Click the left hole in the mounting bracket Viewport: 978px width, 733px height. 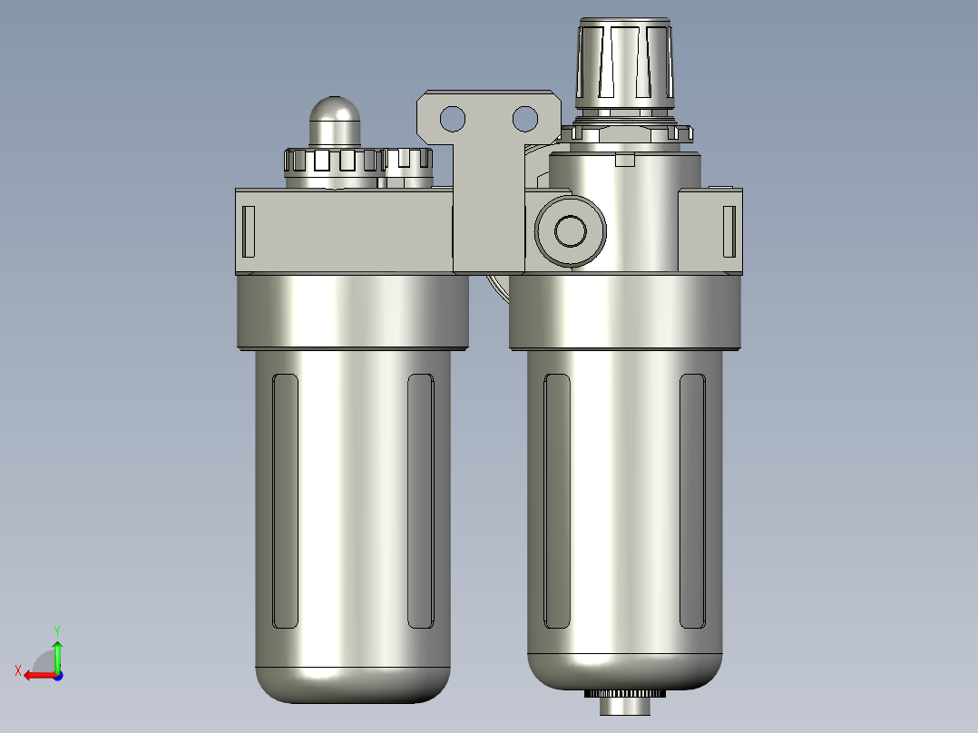tap(452, 117)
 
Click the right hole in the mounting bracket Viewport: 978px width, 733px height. tap(523, 117)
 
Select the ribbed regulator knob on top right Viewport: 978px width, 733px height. tap(625, 62)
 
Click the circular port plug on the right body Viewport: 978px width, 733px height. tap(570, 231)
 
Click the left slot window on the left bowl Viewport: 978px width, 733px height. tap(285, 501)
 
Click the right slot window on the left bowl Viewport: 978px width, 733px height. tap(421, 501)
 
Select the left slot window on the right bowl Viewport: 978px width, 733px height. tap(556, 501)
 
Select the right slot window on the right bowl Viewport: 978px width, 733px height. tap(692, 501)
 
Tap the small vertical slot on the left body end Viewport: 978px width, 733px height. tap(249, 231)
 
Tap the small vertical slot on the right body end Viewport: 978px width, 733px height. tap(728, 231)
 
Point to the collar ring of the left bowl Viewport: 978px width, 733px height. tap(352, 311)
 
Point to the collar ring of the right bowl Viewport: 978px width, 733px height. tap(625, 311)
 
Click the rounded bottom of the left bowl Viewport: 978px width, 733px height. tap(352, 685)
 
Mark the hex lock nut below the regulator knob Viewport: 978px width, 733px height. tap(626, 132)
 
